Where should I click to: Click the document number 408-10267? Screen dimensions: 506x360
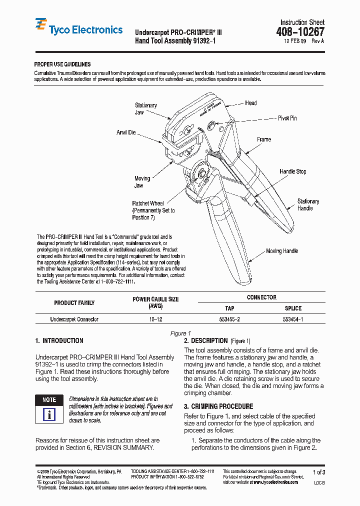(299, 32)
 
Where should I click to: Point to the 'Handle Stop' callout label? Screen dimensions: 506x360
(292, 171)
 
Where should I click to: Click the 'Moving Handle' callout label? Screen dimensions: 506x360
(282, 251)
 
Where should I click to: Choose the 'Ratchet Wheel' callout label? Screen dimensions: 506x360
(148, 203)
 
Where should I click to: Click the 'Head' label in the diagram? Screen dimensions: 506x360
(250, 103)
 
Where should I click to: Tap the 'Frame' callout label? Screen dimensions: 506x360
(264, 139)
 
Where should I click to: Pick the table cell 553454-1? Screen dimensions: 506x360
(293, 319)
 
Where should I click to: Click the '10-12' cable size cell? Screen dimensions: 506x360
(155, 319)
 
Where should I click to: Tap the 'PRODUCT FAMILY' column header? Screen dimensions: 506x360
(74, 302)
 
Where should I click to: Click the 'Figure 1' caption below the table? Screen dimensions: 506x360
(180, 333)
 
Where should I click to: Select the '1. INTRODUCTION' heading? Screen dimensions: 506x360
(59, 341)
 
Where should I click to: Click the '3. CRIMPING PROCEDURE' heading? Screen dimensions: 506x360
(218, 406)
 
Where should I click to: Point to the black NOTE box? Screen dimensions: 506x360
(49, 400)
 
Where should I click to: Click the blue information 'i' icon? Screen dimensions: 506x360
(49, 414)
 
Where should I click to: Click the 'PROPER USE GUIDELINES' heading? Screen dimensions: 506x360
(62, 64)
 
